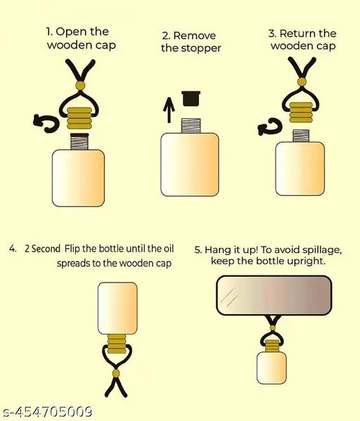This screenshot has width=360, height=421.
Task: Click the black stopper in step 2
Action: [x=191, y=98]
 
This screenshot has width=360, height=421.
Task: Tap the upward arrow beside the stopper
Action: [x=169, y=110]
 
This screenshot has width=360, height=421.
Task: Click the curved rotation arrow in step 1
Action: [x=46, y=124]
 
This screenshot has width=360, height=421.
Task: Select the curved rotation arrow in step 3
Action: [x=270, y=127]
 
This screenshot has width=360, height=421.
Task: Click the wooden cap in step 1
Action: [x=79, y=118]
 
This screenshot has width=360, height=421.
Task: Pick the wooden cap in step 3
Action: [x=301, y=112]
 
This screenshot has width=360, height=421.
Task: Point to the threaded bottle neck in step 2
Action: [x=191, y=126]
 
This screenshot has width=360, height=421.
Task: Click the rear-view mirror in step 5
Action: [x=274, y=295]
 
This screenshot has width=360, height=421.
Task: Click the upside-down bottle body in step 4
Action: [x=117, y=309]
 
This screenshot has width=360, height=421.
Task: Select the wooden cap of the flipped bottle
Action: [x=117, y=344]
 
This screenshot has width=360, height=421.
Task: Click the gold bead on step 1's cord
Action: [x=80, y=86]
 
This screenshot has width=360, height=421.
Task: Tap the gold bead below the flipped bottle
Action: [x=116, y=373]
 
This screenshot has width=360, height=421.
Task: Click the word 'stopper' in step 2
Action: [x=201, y=48]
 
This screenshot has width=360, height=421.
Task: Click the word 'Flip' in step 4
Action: [x=72, y=249]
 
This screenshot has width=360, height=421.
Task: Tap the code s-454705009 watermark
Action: [x=46, y=412]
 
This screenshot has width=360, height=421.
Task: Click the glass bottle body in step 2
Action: [x=190, y=164]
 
